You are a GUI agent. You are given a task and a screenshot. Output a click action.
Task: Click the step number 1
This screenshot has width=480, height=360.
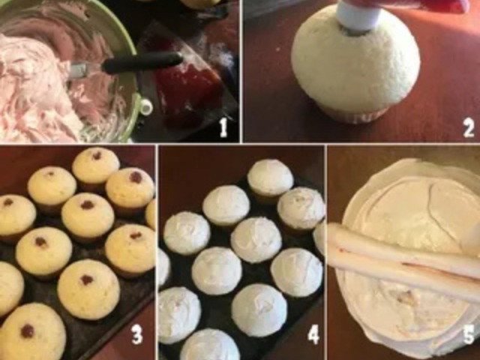[223, 127]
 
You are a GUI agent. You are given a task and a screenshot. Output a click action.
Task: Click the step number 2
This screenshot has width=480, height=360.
[468, 127]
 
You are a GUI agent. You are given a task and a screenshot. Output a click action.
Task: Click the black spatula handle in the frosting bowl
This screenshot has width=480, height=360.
[142, 61]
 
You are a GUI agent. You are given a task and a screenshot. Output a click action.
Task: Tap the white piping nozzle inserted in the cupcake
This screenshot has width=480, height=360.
[356, 16]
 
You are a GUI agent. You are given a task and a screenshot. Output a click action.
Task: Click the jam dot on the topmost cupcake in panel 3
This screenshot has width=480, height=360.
[97, 156]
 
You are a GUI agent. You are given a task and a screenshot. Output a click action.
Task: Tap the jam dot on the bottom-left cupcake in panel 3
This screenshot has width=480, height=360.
[28, 331]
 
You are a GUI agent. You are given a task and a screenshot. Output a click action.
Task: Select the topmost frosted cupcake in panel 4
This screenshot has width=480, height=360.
[270, 178]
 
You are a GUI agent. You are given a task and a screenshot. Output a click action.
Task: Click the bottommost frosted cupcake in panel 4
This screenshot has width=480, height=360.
[210, 344]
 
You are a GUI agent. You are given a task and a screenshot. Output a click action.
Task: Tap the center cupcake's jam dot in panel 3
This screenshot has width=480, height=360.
[87, 205]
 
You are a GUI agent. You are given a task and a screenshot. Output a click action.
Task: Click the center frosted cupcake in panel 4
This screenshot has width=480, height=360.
[256, 240]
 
